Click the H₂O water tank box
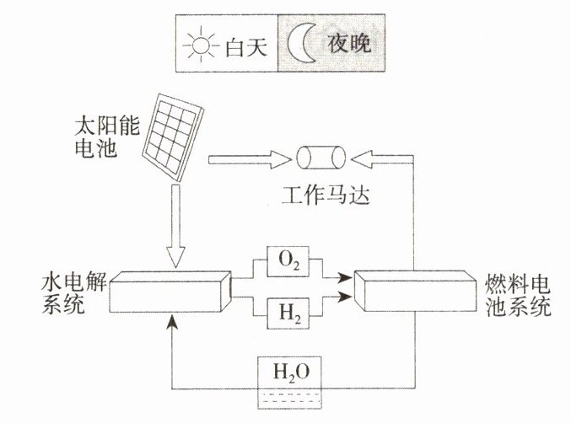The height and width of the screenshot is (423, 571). click(288, 376)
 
